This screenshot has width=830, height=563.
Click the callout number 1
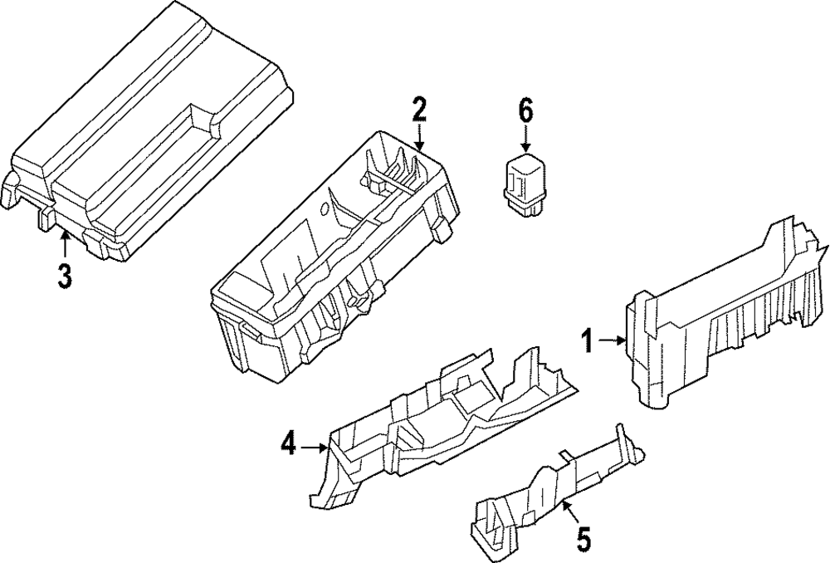[587, 340]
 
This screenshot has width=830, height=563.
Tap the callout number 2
[419, 110]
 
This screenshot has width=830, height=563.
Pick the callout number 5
[583, 539]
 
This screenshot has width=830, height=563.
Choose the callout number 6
[525, 110]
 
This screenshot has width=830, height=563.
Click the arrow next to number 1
[612, 340]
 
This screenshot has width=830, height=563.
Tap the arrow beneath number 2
[419, 138]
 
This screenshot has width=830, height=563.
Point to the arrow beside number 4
[315, 448]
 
